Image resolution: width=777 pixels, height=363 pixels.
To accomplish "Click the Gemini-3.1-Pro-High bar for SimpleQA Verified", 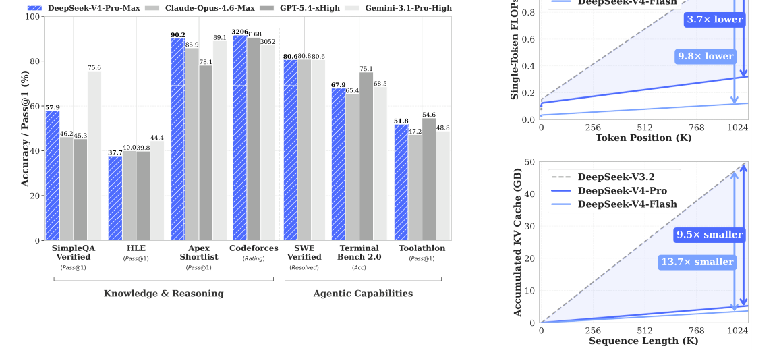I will pyautogui.click(x=94, y=156).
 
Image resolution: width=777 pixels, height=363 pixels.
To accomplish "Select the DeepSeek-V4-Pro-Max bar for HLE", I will pyautogui.click(x=115, y=198).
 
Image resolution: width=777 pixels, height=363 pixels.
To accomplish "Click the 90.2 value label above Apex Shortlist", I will pyautogui.click(x=177, y=35).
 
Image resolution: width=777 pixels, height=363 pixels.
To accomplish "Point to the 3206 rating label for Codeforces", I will pyautogui.click(x=239, y=32).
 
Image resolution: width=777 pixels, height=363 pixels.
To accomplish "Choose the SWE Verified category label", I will pyautogui.click(x=304, y=252).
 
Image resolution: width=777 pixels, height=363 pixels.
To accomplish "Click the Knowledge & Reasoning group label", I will pyautogui.click(x=163, y=294).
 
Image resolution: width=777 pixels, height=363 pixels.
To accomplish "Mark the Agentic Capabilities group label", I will pyautogui.click(x=363, y=294).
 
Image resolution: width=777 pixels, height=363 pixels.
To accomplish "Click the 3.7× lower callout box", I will pyautogui.click(x=714, y=20).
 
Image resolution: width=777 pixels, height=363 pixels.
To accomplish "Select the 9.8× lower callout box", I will pyautogui.click(x=705, y=56).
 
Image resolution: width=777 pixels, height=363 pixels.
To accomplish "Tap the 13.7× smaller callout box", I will pyautogui.click(x=697, y=262).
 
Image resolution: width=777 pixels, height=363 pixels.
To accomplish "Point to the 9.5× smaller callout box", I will pyautogui.click(x=709, y=235).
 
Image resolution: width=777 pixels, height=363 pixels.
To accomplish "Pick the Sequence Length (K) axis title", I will pyautogui.click(x=643, y=341).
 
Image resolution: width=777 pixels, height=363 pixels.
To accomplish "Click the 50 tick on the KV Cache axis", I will pyautogui.click(x=531, y=162).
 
